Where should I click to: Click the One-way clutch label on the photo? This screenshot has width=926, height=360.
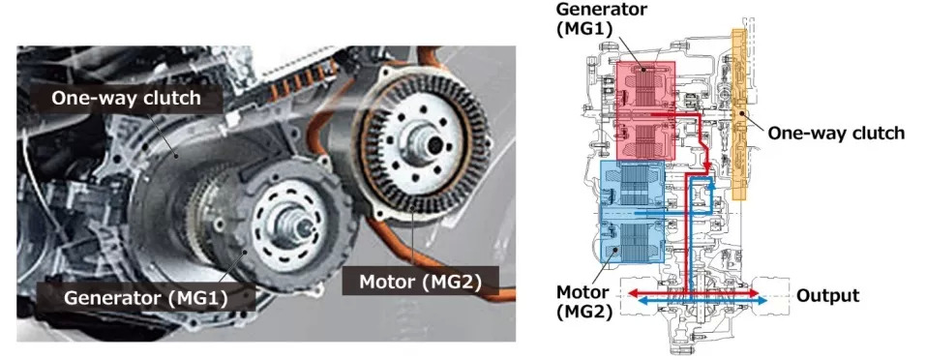click(126, 98)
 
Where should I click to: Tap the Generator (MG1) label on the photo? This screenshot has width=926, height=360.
click(146, 297)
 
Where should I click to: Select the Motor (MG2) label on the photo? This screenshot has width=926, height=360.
click(421, 282)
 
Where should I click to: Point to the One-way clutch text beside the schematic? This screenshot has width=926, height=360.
click(836, 133)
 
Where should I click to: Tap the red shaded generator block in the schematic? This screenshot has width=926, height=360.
click(644, 110)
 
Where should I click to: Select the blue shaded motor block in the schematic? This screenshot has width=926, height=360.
click(633, 211)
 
